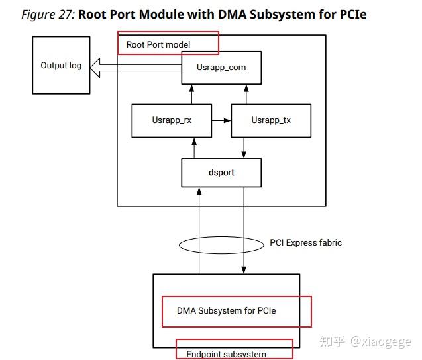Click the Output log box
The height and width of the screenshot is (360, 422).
tap(61, 66)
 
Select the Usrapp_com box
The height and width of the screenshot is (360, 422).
tap(221, 67)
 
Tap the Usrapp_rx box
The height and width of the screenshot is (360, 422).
tap(172, 120)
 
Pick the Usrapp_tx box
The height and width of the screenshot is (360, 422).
tap(271, 120)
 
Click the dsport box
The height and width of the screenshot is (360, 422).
tap(221, 172)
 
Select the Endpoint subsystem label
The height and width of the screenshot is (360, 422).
tap(226, 354)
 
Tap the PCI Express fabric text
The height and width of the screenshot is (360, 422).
tap(305, 242)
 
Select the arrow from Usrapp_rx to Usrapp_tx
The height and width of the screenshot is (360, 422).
tap(221, 120)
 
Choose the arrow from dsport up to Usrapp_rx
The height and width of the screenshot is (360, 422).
tap(194, 148)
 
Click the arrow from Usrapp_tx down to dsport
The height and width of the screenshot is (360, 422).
tap(246, 148)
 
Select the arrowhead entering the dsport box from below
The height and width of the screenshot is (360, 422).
tap(199, 191)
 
